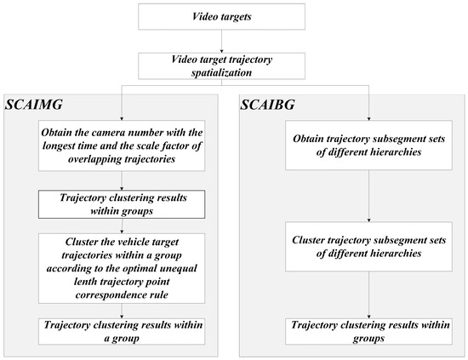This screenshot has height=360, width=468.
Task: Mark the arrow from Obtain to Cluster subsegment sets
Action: click(x=355, y=198)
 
